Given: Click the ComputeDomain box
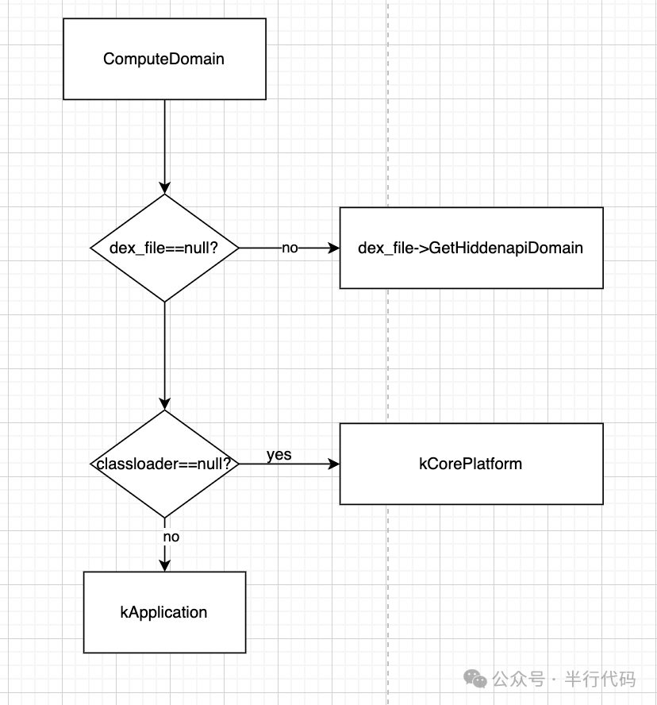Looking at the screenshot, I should click(164, 59).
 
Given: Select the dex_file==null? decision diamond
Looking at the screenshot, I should click(164, 248).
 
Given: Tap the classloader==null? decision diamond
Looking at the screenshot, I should click(164, 464).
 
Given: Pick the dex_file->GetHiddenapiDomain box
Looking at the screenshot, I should click(471, 248).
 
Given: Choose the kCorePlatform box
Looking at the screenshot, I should click(471, 464).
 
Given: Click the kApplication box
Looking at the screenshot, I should click(164, 612).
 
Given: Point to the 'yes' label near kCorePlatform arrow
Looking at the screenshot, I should click(279, 455).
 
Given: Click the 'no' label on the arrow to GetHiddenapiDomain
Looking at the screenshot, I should click(290, 248).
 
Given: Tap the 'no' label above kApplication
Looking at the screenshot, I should click(171, 537).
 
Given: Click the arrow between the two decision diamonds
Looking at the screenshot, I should click(164, 353).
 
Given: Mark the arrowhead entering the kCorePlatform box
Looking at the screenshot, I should click(333, 464).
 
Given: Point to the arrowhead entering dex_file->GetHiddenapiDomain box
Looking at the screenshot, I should click(333, 248).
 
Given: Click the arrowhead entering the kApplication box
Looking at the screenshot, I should click(164, 564).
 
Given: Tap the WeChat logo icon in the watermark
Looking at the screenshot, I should click(476, 679).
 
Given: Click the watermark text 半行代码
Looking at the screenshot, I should click(600, 680).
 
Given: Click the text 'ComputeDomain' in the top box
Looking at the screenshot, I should click(164, 59).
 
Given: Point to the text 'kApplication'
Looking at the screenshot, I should click(164, 612).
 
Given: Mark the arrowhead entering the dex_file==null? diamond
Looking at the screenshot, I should click(164, 188).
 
